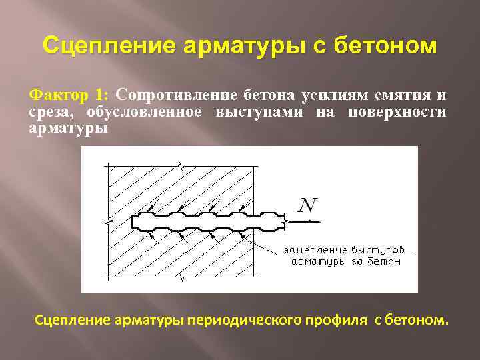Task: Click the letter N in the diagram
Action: click(x=308, y=203)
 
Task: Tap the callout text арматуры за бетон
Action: click(x=347, y=262)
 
